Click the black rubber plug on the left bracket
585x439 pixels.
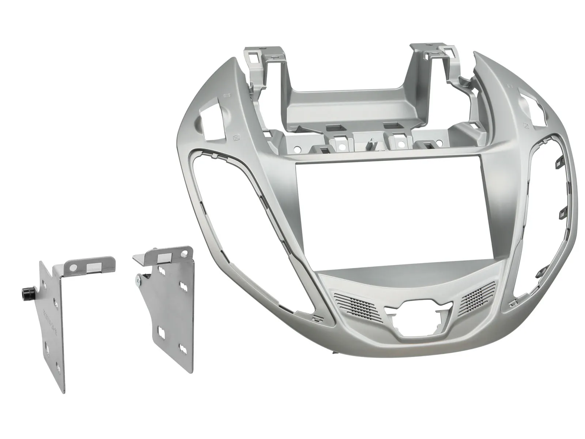click(25, 293)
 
